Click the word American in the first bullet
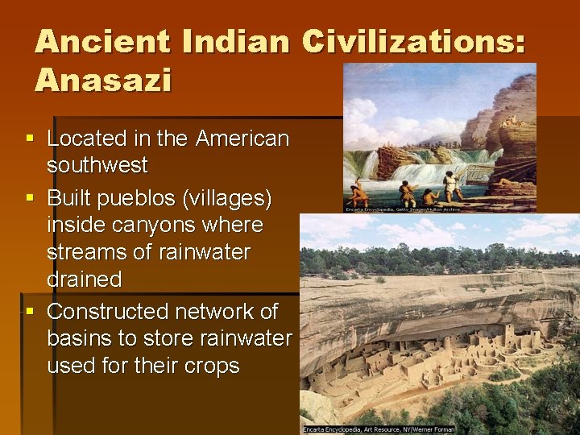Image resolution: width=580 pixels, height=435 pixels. point(242,139)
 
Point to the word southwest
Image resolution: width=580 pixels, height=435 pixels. point(97,165)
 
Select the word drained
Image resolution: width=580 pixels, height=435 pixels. point(84,280)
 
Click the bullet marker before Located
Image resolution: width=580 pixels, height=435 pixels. point(30,139)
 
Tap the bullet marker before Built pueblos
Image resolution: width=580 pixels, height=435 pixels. point(30,198)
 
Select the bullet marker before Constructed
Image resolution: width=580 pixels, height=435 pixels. point(30,312)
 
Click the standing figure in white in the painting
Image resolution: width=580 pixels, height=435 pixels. point(448,184)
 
